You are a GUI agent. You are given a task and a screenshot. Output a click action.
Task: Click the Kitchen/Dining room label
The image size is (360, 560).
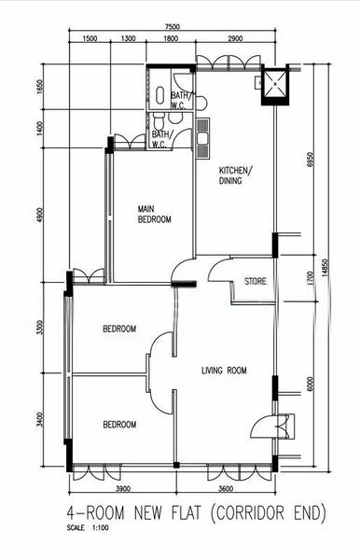tap(235, 175)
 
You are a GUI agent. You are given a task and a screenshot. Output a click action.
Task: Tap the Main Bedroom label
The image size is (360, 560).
tap(155, 215)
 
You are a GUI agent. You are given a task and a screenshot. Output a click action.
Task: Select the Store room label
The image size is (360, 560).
tap(256, 282)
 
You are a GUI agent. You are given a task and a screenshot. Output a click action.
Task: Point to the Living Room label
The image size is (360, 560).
tap(224, 371)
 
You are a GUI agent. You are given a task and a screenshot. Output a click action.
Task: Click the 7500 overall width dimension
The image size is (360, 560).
tap(172, 27)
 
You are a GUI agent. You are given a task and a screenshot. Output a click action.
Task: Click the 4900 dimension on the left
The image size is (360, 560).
tap(39, 216)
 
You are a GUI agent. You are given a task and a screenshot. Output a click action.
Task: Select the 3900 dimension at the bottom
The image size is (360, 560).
tap(123, 488)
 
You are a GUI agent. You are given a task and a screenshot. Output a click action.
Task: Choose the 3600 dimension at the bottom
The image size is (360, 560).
tap(225, 488)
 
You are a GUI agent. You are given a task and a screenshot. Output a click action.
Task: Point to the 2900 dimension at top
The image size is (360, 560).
tap(235, 38)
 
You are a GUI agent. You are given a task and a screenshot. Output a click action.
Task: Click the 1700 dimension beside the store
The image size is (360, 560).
tap(310, 278)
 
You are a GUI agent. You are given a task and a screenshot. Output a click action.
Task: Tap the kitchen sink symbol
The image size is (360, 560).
tap(202, 138)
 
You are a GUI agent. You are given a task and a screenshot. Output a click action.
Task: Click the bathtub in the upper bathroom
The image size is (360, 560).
tap(160, 96)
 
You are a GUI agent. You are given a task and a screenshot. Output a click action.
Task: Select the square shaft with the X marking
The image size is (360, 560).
tap(275, 84)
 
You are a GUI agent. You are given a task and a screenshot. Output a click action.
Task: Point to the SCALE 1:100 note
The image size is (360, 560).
tap(88, 527)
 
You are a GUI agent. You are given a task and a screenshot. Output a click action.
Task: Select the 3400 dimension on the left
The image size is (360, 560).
tap(39, 419)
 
